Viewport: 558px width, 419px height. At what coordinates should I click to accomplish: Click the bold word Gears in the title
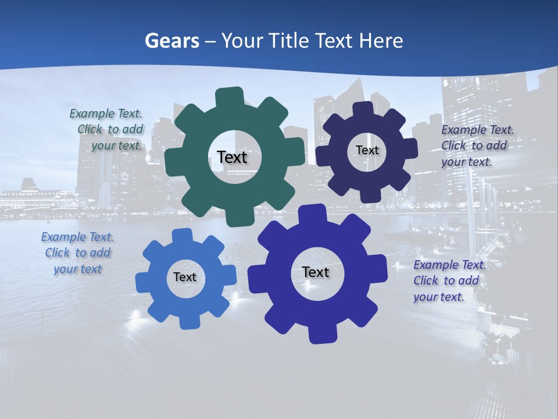(172, 41)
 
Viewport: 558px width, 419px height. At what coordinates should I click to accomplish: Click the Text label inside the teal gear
(232, 157)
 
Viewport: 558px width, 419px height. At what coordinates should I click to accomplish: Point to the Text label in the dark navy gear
(367, 150)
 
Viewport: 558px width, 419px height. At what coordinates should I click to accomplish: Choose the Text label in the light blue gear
(185, 277)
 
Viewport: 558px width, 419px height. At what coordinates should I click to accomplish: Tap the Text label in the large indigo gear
(316, 272)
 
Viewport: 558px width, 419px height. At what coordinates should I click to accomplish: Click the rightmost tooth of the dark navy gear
(410, 148)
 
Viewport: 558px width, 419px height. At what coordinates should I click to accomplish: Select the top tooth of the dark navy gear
(363, 109)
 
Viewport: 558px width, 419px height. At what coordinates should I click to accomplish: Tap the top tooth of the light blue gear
(182, 236)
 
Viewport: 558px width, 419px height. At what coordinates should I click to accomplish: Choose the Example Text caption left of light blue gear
(77, 253)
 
